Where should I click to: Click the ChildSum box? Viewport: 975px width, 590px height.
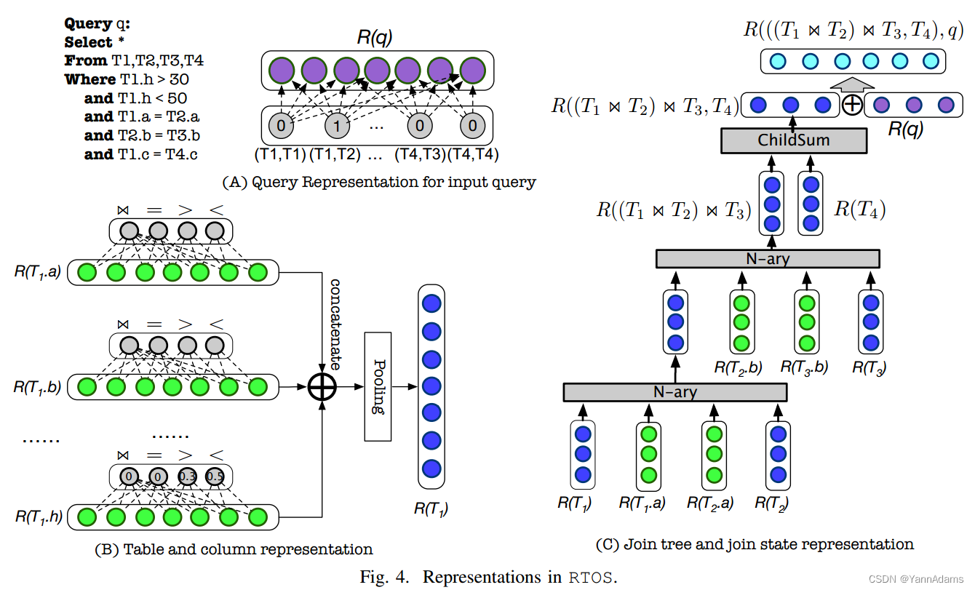794,140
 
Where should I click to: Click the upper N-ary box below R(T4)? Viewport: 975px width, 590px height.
767,258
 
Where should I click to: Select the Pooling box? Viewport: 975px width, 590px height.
378,386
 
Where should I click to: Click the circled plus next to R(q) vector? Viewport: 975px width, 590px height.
852,105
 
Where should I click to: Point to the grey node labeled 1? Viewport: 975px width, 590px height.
336,125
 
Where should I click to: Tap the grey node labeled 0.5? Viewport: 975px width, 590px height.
214,477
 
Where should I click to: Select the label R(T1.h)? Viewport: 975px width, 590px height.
39,517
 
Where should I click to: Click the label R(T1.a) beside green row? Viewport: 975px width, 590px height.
39,271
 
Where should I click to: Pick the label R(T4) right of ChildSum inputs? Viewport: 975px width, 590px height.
859,210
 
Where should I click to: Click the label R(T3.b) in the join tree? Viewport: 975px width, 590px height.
804,367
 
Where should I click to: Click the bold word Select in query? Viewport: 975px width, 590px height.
89,42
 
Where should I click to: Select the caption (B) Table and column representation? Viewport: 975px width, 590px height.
234,549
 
